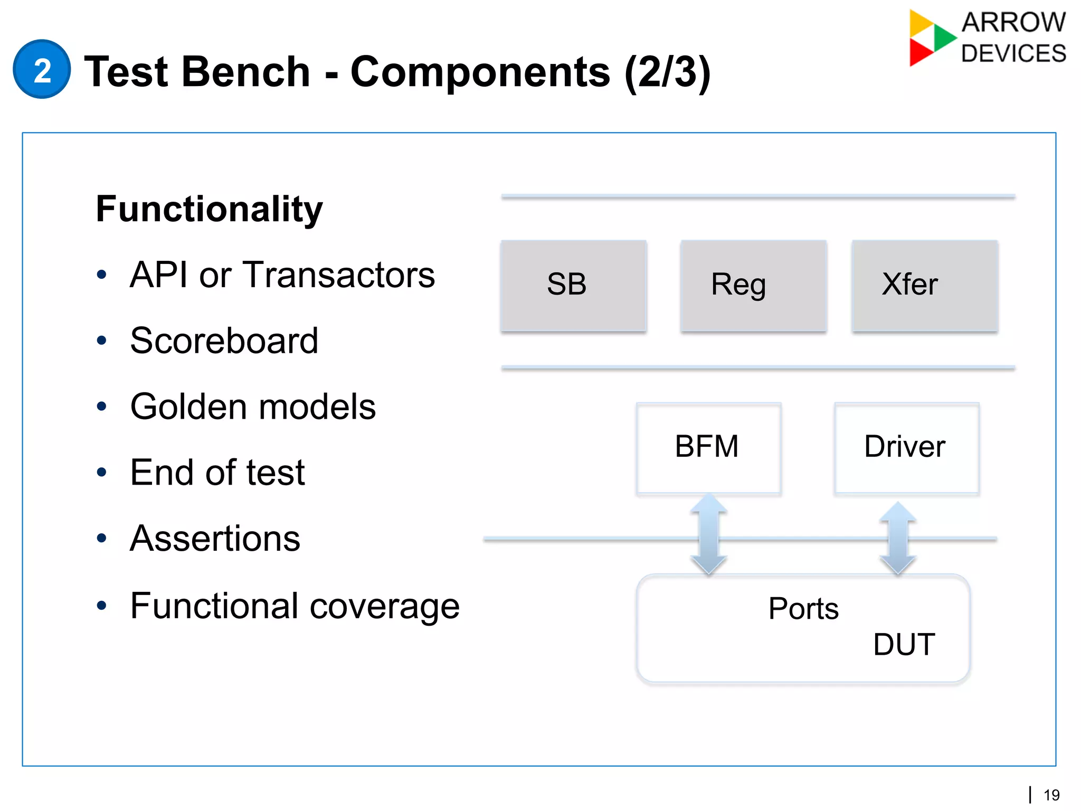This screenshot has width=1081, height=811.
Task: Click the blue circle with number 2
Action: pyautogui.click(x=42, y=69)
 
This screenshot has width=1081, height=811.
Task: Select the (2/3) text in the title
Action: pyautogui.click(x=667, y=73)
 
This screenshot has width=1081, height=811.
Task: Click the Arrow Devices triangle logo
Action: pyautogui.click(x=930, y=37)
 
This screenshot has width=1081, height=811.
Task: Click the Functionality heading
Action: pyautogui.click(x=209, y=209)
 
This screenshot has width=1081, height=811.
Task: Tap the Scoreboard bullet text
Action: pyautogui.click(x=224, y=341)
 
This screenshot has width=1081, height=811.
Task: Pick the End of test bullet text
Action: pyautogui.click(x=217, y=473)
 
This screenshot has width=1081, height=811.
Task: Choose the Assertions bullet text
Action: pyautogui.click(x=215, y=539)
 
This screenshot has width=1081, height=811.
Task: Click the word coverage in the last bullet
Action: pyautogui.click(x=384, y=606)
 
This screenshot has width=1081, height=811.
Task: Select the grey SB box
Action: pyautogui.click(x=573, y=286)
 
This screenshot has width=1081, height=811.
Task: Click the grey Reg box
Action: pyautogui.click(x=753, y=286)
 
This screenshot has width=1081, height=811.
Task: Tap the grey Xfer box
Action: pyautogui.click(x=924, y=286)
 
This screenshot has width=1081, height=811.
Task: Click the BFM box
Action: pyautogui.click(x=708, y=448)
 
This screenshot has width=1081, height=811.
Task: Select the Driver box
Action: pyautogui.click(x=906, y=448)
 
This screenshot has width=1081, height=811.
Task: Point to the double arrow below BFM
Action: pyautogui.click(x=708, y=534)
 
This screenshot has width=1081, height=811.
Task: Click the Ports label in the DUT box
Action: pyautogui.click(x=803, y=609)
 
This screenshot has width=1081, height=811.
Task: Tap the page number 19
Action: pyautogui.click(x=1051, y=795)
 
